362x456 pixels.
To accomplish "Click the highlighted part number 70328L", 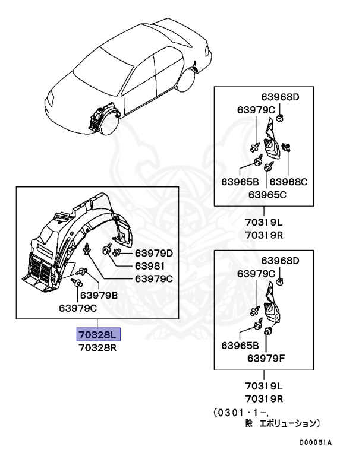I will [98, 334].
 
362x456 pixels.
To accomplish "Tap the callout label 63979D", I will [153, 254].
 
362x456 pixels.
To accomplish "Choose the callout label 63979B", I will [99, 294].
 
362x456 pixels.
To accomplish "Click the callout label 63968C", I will [288, 182].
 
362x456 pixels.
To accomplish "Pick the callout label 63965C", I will [267, 194].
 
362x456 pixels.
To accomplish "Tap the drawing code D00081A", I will [316, 442].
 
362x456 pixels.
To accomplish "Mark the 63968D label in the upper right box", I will [281, 97].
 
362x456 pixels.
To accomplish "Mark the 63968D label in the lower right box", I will [281, 261].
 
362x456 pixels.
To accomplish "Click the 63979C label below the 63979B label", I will [78, 308].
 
